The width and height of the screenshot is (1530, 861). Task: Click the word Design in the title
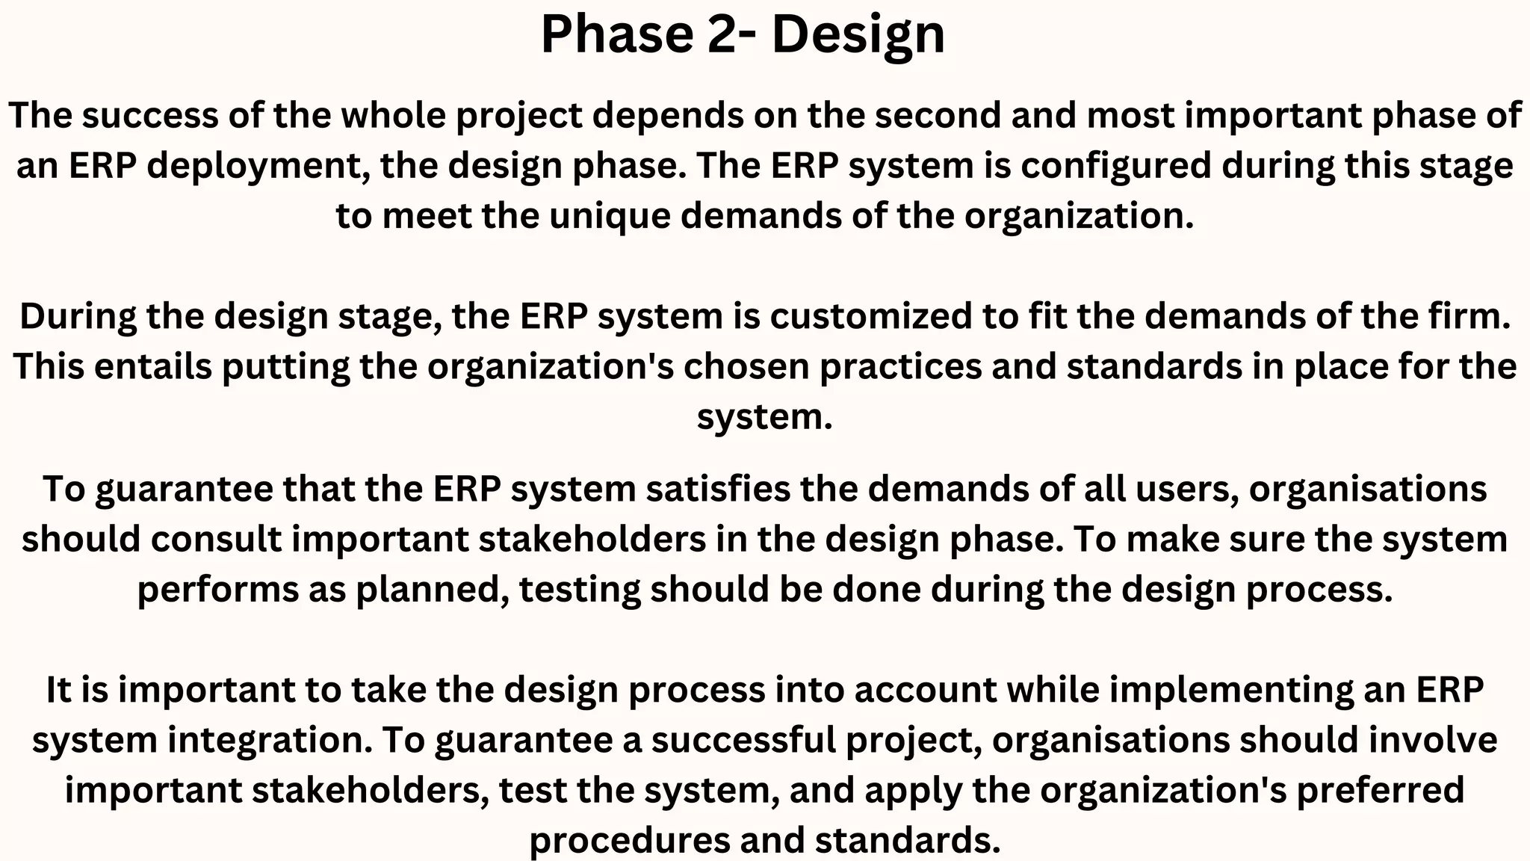(858, 34)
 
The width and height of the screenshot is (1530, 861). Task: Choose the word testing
(580, 590)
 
